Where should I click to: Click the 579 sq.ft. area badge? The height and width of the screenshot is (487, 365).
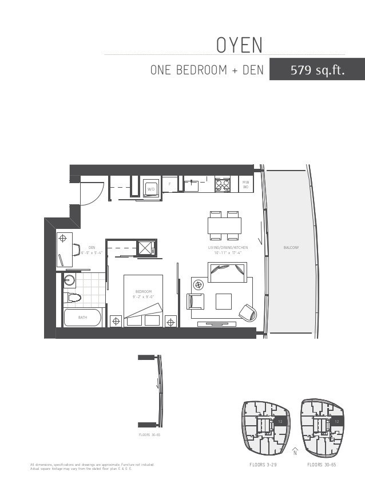317,70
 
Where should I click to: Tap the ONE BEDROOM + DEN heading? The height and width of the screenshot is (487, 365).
207,70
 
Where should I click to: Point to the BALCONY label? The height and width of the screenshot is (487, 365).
291,247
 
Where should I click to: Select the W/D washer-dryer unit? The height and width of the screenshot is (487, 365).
151,187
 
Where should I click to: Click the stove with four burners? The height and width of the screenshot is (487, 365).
222,185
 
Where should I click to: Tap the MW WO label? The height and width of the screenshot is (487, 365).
245,184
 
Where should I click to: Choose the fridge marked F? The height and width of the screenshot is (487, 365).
169,184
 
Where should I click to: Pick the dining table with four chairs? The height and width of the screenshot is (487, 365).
224,225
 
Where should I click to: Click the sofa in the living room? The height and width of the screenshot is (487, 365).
227,272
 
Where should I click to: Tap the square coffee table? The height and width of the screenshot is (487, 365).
223,301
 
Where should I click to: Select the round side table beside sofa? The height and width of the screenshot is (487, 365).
199,284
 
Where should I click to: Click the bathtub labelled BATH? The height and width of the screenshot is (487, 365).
82,317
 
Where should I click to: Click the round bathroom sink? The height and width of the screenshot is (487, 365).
70,280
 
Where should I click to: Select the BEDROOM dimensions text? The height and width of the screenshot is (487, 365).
143,296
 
